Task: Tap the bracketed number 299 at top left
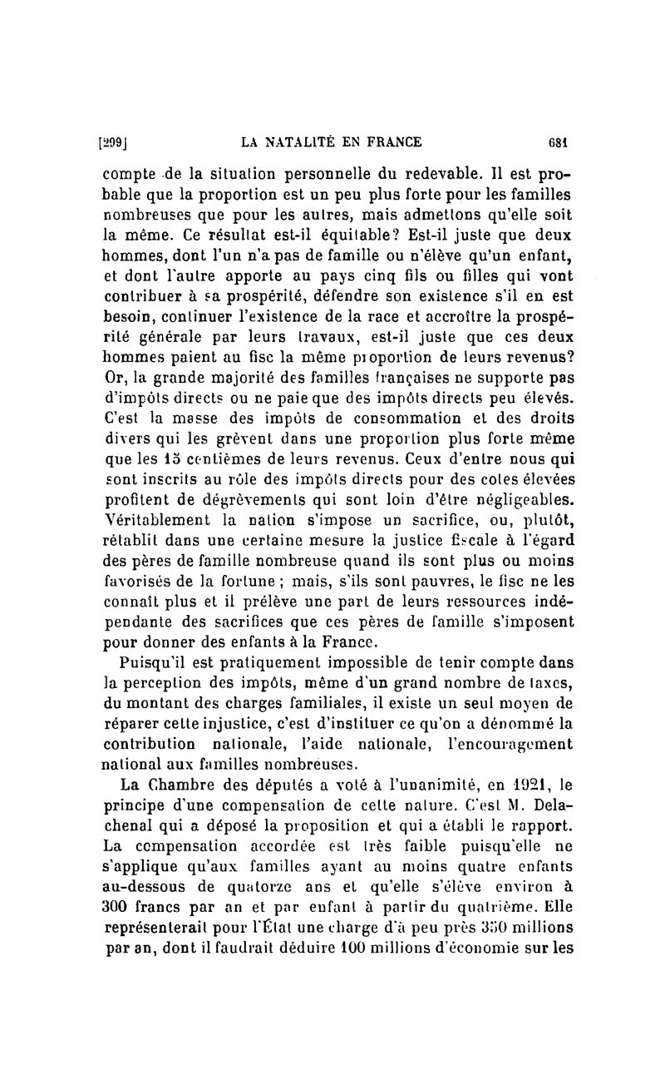click(x=112, y=141)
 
